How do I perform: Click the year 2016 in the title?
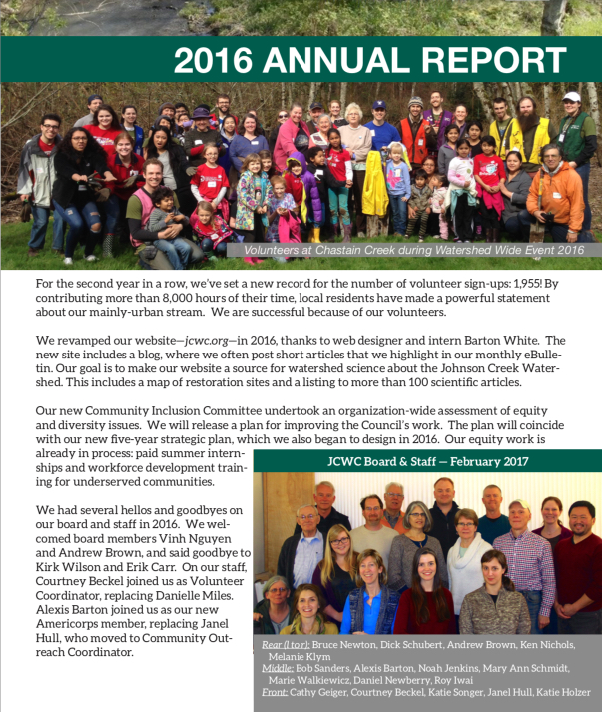(214, 60)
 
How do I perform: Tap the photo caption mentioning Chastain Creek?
(413, 251)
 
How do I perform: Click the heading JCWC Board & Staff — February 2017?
(427, 461)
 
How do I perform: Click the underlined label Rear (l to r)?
(286, 645)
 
